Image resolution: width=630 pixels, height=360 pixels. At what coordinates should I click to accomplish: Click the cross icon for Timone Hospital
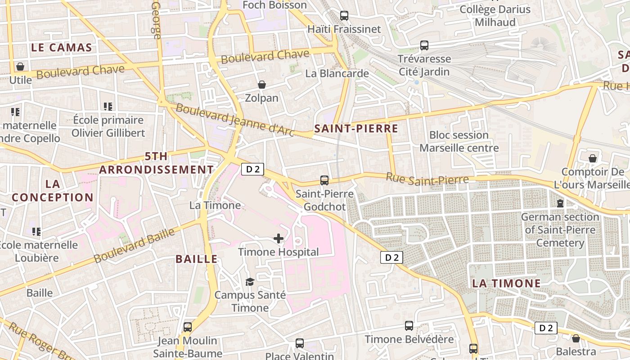coord(279,238)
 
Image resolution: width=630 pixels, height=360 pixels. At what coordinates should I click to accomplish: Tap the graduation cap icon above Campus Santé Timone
coord(250,282)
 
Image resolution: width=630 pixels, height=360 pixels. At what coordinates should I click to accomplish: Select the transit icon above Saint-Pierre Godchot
coord(324,180)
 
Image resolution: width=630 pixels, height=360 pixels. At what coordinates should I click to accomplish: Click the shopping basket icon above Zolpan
coord(262,85)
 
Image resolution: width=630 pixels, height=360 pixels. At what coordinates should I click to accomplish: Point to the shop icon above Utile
coord(20,67)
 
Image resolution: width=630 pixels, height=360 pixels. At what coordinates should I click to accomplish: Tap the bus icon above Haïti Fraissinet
coord(344,16)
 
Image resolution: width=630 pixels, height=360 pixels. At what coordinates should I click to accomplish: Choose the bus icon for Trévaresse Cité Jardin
coord(424,45)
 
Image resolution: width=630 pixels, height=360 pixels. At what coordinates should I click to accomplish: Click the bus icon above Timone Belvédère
coord(409,326)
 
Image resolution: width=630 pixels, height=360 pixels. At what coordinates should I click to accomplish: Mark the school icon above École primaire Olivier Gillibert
coord(108,107)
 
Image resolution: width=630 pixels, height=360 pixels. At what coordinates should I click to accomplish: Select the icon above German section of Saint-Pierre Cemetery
coord(560,203)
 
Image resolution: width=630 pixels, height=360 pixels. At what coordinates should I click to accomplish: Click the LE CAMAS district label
coord(62,47)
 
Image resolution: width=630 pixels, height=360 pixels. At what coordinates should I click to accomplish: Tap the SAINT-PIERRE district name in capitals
coord(356,129)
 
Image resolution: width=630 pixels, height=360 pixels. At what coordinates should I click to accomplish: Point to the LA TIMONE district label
coord(506,283)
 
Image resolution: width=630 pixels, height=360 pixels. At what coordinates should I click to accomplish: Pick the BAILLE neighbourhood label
coord(197,259)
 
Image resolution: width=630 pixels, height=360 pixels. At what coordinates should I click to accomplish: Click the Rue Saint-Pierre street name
coord(427,179)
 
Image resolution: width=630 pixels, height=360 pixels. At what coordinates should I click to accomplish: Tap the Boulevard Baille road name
coord(134,246)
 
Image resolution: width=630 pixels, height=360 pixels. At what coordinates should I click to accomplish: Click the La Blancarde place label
coord(337,73)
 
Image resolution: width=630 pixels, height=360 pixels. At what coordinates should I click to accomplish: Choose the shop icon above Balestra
coord(576,338)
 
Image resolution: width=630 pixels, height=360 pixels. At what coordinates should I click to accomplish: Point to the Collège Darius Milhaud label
coord(495,15)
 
